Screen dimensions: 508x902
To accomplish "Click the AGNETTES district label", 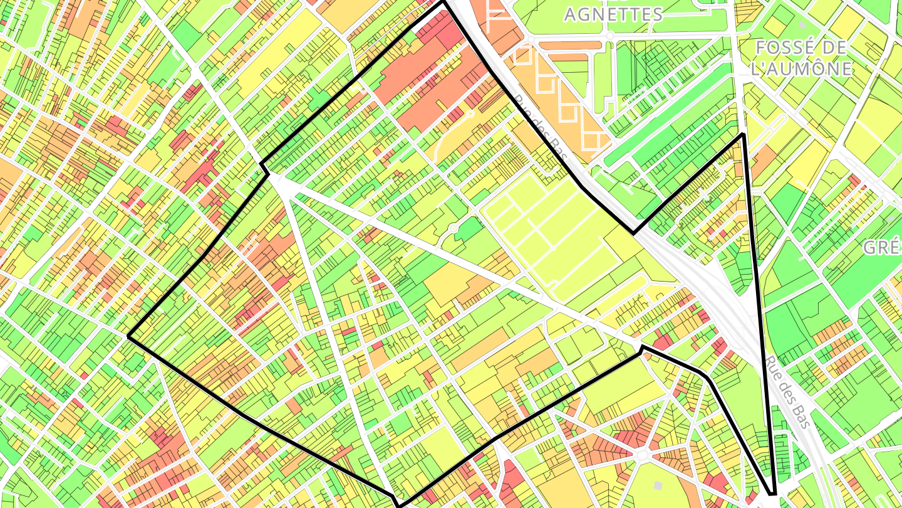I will point(613,14).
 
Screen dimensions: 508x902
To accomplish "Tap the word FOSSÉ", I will point(792,48).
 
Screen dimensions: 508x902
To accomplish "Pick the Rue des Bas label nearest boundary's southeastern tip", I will point(787,392).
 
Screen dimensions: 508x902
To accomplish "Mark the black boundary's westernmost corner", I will point(128,337).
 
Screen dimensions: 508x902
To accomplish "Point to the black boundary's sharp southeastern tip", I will point(774,494).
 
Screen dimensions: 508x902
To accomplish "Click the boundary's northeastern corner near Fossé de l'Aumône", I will point(743,134).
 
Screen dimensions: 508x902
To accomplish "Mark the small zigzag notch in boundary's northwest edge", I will point(264,168).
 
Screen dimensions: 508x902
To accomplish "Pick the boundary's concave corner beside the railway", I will point(633,233).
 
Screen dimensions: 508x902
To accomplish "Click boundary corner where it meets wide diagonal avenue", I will point(642,347).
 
